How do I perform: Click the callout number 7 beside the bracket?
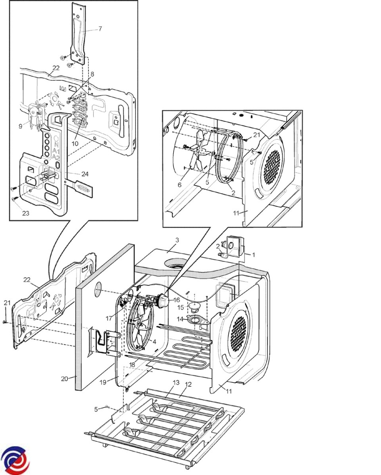pos(100,28)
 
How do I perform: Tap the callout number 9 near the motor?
pos(21,127)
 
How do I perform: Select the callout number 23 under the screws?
pos(26,213)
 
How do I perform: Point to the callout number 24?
pos(85,174)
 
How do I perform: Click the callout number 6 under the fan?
pos(179,185)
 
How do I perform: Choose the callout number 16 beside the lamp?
pos(177,300)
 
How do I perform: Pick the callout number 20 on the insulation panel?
pos(64,379)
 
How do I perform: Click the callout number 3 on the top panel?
pos(177,240)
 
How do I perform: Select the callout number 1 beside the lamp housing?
pos(254,255)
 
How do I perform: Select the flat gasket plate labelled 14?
pos(197,320)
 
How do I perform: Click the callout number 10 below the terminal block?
pos(75,143)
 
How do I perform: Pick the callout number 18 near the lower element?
pos(132,365)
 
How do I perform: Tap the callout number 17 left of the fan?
pos(109,319)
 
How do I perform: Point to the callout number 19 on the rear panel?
pos(103,382)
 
